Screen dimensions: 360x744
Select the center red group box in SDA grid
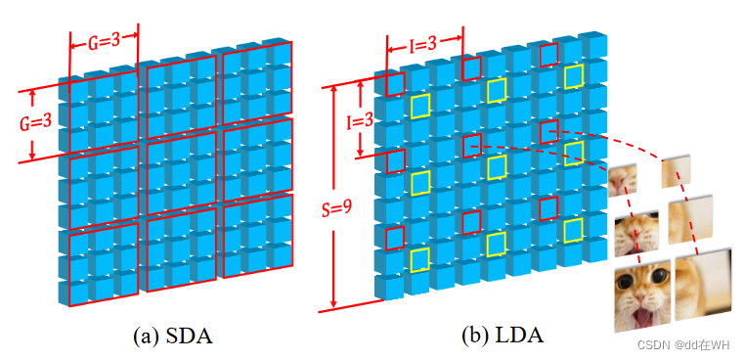[180, 160]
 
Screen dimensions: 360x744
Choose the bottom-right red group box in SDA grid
[257, 239]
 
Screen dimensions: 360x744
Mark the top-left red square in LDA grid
[395, 83]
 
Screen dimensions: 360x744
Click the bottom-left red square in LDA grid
[395, 238]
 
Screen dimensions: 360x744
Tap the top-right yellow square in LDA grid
[574, 75]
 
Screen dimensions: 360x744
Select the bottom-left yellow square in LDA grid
[420, 259]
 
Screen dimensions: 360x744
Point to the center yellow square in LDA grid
[497, 167]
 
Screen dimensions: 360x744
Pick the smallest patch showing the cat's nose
[622, 179]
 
